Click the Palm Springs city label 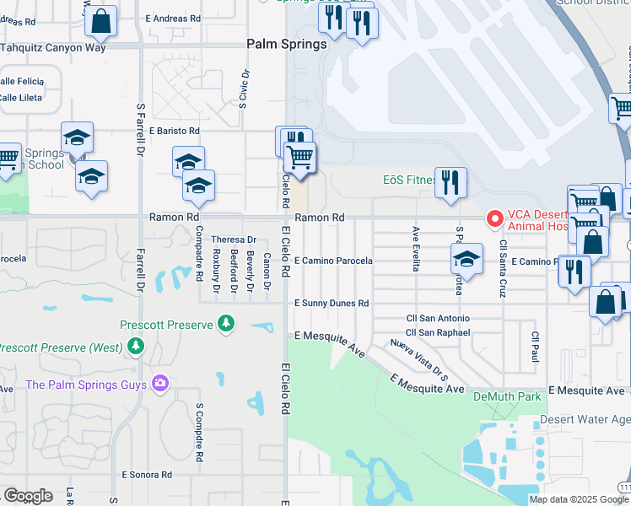click(287, 44)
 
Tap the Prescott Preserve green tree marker click(225, 322)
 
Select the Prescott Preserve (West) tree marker click(135, 347)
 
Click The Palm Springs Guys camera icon click(160, 385)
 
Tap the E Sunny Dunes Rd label click(332, 303)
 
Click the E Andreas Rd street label click(173, 18)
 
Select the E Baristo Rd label click(175, 131)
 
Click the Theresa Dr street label click(234, 240)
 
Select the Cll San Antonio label click(438, 319)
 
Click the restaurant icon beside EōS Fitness click(450, 181)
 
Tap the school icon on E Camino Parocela click(467, 259)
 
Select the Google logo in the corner click(28, 496)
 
